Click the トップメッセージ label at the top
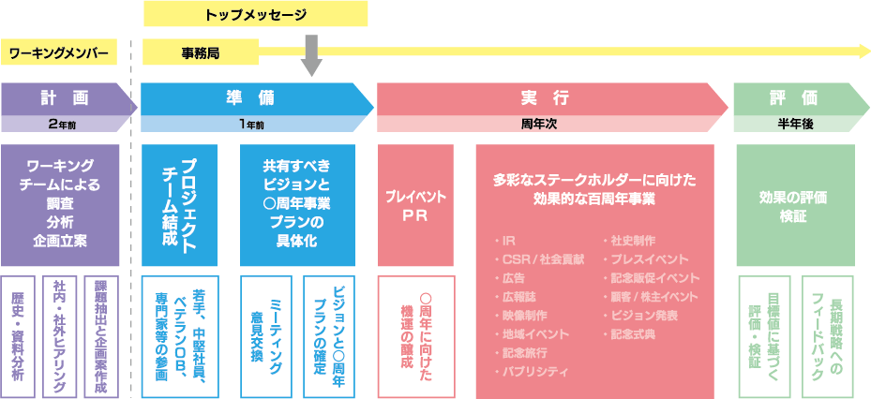click(255, 14)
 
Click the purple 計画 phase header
click(64, 97)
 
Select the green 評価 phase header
click(792, 97)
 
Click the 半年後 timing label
click(793, 124)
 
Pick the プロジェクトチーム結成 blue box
click(179, 204)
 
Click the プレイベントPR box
click(415, 204)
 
